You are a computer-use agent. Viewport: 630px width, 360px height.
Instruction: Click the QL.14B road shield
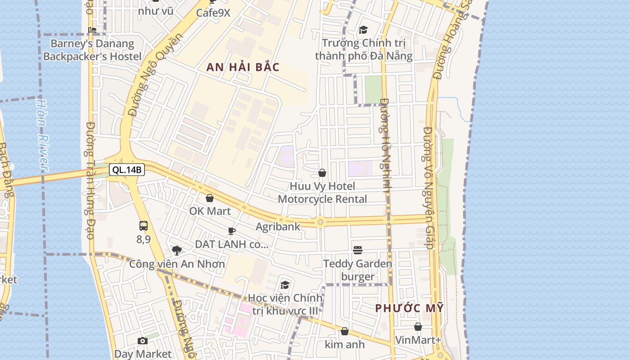click(x=126, y=170)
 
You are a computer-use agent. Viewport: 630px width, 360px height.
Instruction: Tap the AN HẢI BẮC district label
click(x=243, y=67)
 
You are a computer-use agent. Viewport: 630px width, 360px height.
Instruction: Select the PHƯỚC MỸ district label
click(x=409, y=308)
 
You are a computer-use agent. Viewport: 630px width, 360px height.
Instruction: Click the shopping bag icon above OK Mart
click(x=210, y=198)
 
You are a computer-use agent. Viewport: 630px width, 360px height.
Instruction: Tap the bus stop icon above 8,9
click(x=144, y=226)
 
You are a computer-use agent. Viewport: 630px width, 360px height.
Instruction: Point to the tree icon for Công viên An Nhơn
click(x=177, y=250)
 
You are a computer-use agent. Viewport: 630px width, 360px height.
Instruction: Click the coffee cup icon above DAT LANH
click(x=232, y=231)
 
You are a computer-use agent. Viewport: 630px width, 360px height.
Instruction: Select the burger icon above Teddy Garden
click(x=358, y=250)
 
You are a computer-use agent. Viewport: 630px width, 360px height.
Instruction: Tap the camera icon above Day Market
click(x=143, y=341)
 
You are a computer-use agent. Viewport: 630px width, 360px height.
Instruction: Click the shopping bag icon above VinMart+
click(x=418, y=327)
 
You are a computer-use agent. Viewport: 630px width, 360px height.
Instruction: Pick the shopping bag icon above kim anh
click(x=345, y=332)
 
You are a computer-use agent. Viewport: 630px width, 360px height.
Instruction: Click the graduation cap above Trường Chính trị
click(x=363, y=30)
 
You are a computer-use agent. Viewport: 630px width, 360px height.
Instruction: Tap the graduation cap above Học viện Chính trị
click(x=285, y=285)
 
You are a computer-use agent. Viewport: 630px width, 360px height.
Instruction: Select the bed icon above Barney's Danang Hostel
click(x=92, y=30)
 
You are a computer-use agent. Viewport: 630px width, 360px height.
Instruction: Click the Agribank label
click(x=278, y=226)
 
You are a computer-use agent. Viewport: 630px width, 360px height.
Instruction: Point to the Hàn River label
click(x=42, y=135)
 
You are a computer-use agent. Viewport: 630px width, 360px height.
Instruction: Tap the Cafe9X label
click(x=213, y=13)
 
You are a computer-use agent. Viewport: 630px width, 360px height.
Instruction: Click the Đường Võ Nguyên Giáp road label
click(x=428, y=188)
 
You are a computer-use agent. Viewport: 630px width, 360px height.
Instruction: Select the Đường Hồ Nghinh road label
click(x=385, y=145)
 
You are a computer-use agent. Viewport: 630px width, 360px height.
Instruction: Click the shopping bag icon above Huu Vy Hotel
click(x=322, y=173)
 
